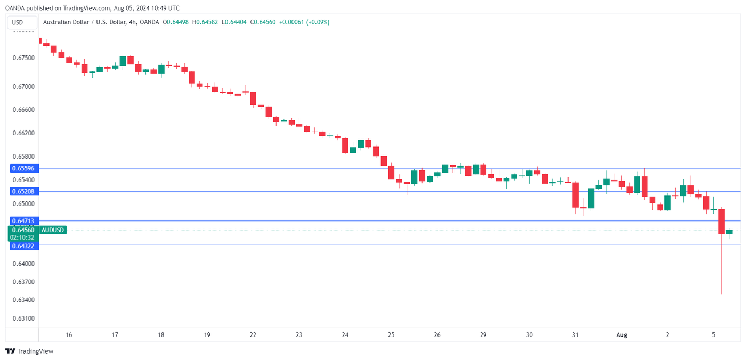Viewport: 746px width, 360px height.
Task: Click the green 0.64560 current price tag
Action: tap(22, 230)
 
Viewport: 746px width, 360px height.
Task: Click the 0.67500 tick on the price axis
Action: tap(23, 58)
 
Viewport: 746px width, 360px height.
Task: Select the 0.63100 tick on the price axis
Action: tap(23, 318)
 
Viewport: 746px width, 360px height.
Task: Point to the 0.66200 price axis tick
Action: tap(23, 133)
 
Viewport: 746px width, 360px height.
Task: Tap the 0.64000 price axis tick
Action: tap(23, 264)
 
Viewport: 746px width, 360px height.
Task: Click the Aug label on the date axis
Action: tap(621, 335)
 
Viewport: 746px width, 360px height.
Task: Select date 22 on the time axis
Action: tap(253, 335)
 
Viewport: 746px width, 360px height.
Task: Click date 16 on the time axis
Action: tap(69, 335)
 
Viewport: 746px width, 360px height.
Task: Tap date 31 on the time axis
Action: tap(575, 335)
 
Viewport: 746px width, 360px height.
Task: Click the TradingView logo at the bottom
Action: tap(29, 351)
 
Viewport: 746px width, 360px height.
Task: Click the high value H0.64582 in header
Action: tap(205, 22)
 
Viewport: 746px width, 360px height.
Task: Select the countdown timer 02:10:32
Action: tap(22, 237)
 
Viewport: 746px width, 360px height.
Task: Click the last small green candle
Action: tap(729, 232)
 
